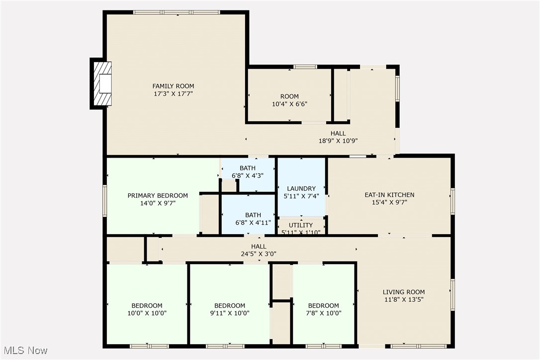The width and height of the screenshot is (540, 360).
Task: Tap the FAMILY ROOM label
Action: (x=173, y=86)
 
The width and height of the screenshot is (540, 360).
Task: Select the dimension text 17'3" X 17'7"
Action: (x=173, y=93)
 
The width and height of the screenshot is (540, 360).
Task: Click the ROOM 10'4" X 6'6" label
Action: (x=289, y=100)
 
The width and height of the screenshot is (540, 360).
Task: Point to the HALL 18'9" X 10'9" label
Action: (x=338, y=137)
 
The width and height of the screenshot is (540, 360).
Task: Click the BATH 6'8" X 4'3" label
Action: (x=247, y=172)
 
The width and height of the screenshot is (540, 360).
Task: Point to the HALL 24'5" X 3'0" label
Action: (x=259, y=250)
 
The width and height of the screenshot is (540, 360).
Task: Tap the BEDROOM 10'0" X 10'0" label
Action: (x=147, y=309)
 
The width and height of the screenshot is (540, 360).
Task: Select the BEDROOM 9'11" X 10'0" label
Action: (x=229, y=309)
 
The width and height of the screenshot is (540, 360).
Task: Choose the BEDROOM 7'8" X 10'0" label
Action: (x=323, y=309)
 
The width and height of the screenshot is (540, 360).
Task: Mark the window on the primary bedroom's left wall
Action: (x=105, y=200)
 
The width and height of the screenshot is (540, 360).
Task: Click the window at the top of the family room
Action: (x=177, y=12)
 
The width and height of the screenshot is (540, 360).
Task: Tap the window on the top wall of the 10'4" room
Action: (x=305, y=67)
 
